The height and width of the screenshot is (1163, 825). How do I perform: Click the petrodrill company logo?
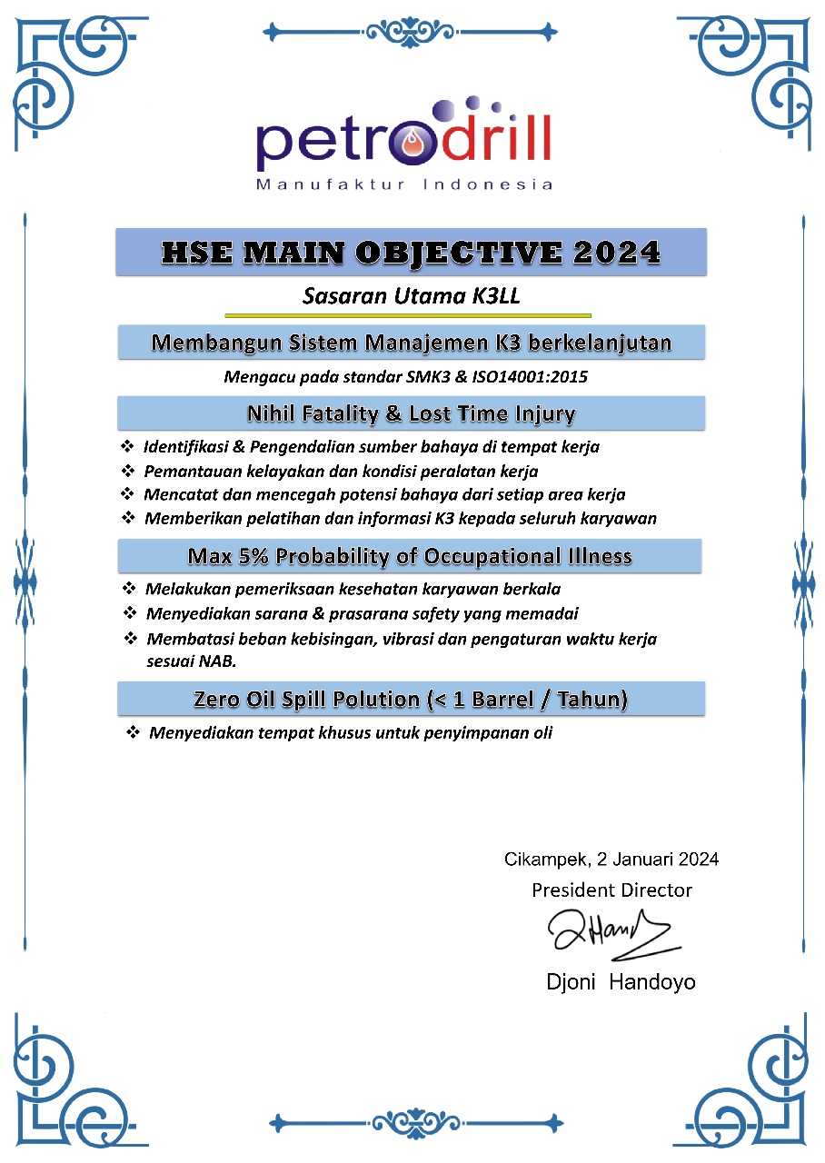pyautogui.click(x=404, y=136)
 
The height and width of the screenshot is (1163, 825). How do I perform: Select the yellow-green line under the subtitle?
pyautogui.click(x=408, y=315)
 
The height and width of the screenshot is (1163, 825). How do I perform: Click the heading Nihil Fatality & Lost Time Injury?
pyautogui.click(x=411, y=414)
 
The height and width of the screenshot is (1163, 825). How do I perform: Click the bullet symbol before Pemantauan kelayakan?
pyautogui.click(x=127, y=472)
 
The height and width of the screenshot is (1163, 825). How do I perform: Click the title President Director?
pyautogui.click(x=611, y=890)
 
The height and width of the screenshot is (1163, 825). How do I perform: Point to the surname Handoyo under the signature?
pyautogui.click(x=653, y=982)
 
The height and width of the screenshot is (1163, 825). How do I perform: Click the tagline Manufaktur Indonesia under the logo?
pyautogui.click(x=404, y=184)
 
